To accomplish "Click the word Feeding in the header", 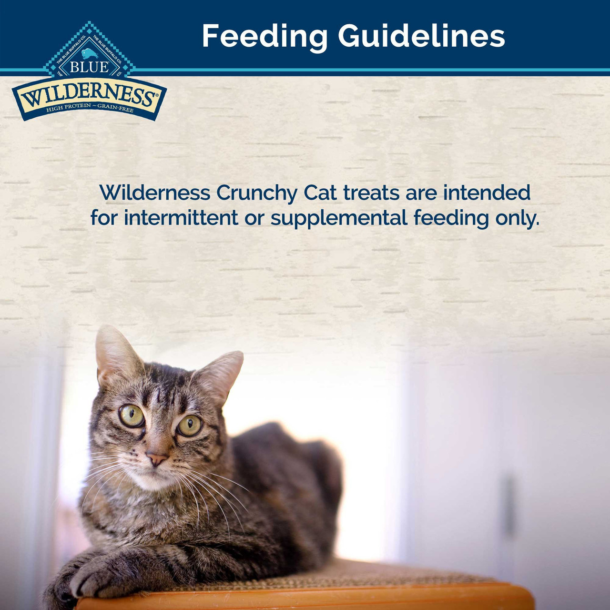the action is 264,36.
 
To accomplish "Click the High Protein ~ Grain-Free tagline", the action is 90,109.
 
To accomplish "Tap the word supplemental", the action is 339,219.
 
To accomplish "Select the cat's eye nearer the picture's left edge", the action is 132,416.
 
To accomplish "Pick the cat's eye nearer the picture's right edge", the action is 190,425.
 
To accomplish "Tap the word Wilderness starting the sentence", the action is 155,193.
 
